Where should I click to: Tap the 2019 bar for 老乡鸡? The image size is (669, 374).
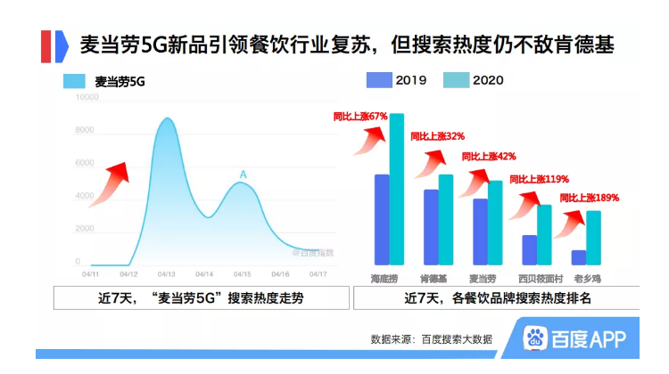point(579,257)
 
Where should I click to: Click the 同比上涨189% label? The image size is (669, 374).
point(589,198)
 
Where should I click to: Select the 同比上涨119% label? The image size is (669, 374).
point(539,179)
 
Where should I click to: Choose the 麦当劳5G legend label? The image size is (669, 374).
point(120,82)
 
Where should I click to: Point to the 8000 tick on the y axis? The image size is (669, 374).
point(85,130)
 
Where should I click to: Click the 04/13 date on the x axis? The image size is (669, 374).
point(167,274)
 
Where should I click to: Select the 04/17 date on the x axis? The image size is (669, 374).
point(318,274)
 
